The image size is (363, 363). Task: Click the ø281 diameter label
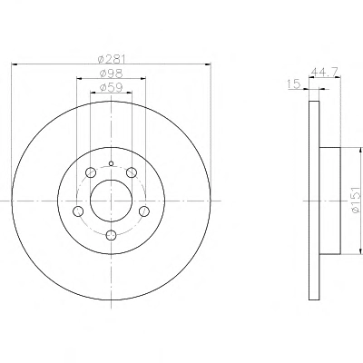[x=112, y=59]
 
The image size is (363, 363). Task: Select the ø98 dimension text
[x=112, y=74]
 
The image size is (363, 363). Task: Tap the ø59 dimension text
[x=112, y=87]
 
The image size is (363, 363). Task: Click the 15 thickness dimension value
[x=294, y=83]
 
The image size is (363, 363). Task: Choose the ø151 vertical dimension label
[x=356, y=200]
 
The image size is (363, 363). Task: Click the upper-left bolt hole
[x=91, y=172]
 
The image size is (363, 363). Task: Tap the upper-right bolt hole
[x=132, y=172]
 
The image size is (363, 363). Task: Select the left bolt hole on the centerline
[x=78, y=211]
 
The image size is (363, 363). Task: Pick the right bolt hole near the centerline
[x=144, y=211]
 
